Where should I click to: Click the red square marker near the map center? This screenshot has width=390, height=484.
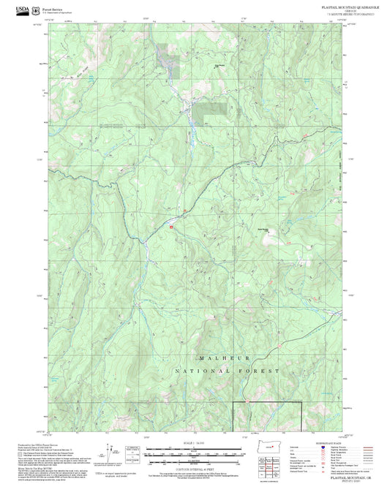171,227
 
